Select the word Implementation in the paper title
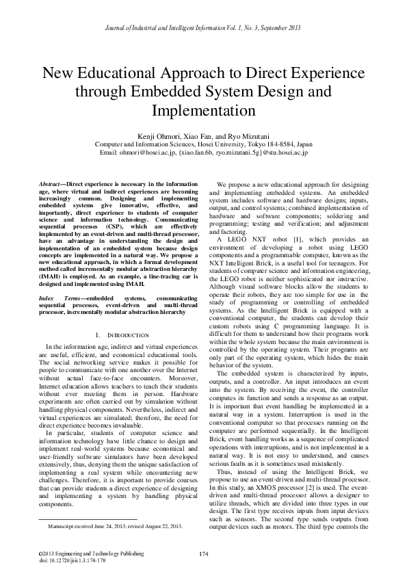[203, 109]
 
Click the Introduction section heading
[128, 335]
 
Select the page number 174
[203, 552]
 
